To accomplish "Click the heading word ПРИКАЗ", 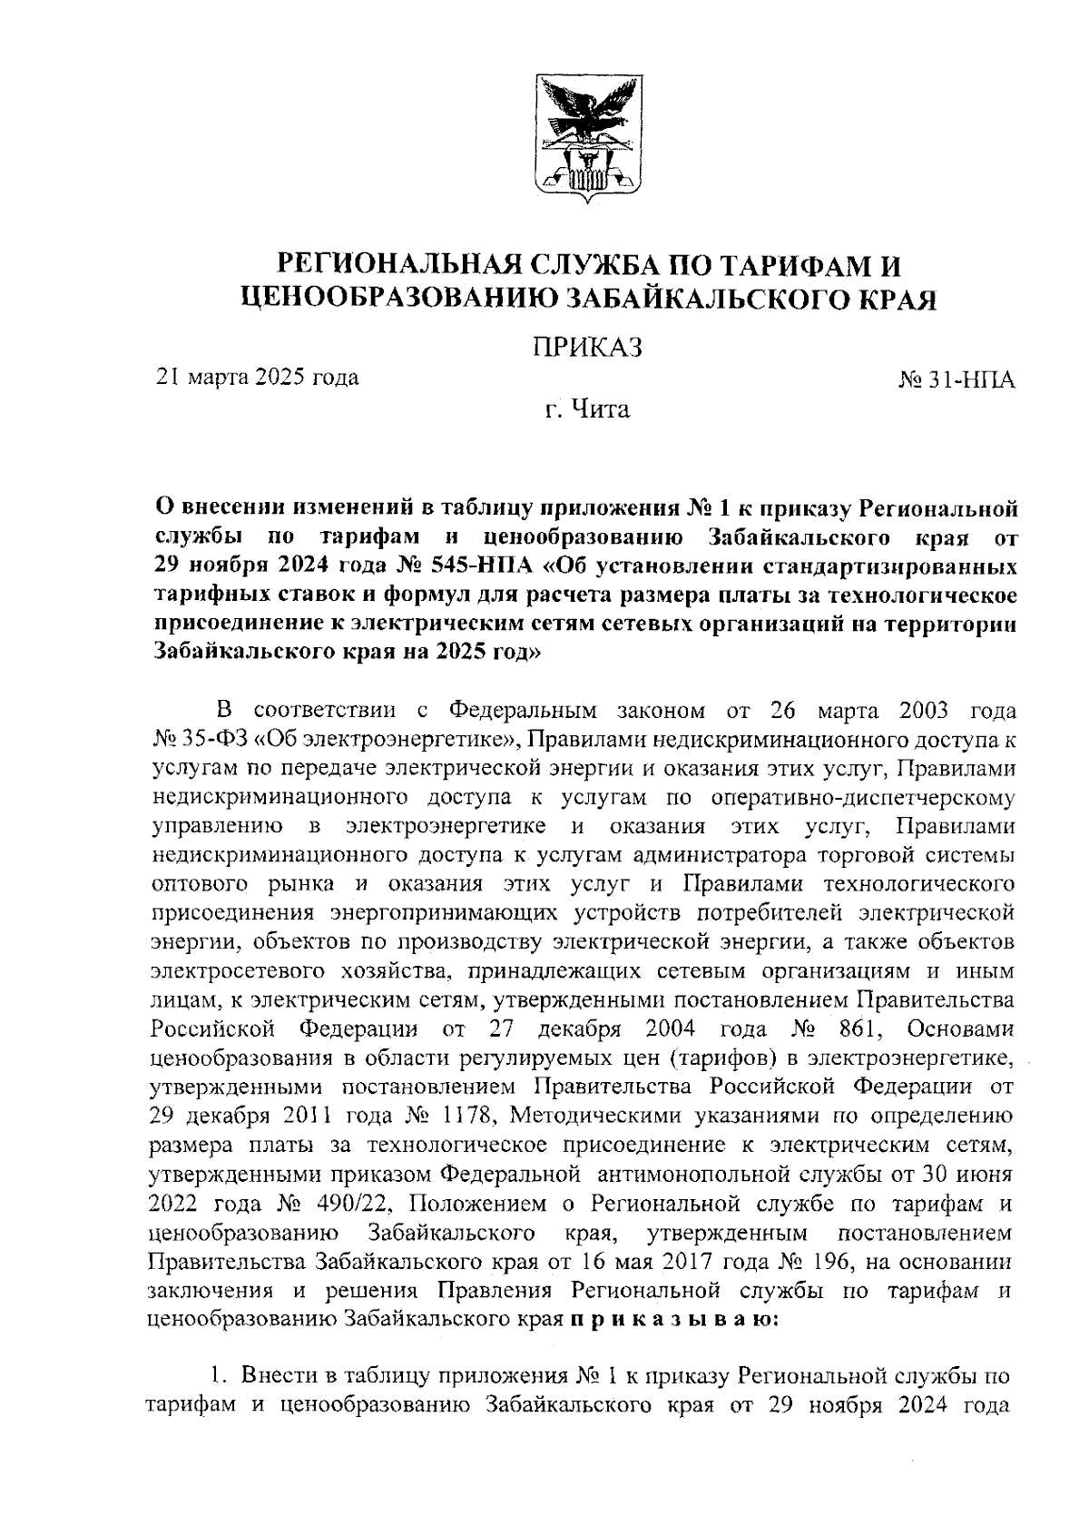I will [x=585, y=346].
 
